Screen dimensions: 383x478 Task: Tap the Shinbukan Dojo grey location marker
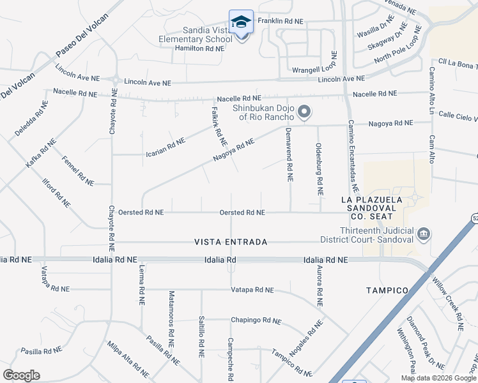tap(305, 113)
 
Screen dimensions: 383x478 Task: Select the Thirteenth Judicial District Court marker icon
tap(422, 235)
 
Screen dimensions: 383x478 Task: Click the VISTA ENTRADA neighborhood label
tap(231, 243)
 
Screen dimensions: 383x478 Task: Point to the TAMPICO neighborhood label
tap(387, 290)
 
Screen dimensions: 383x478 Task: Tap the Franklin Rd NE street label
tap(280, 21)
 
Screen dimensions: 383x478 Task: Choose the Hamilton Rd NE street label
tap(198, 48)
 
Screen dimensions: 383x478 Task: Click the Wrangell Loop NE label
tap(314, 70)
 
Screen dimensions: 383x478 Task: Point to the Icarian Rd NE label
tap(166, 148)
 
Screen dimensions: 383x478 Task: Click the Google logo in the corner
tap(21, 375)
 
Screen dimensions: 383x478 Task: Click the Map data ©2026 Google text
tap(438, 378)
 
